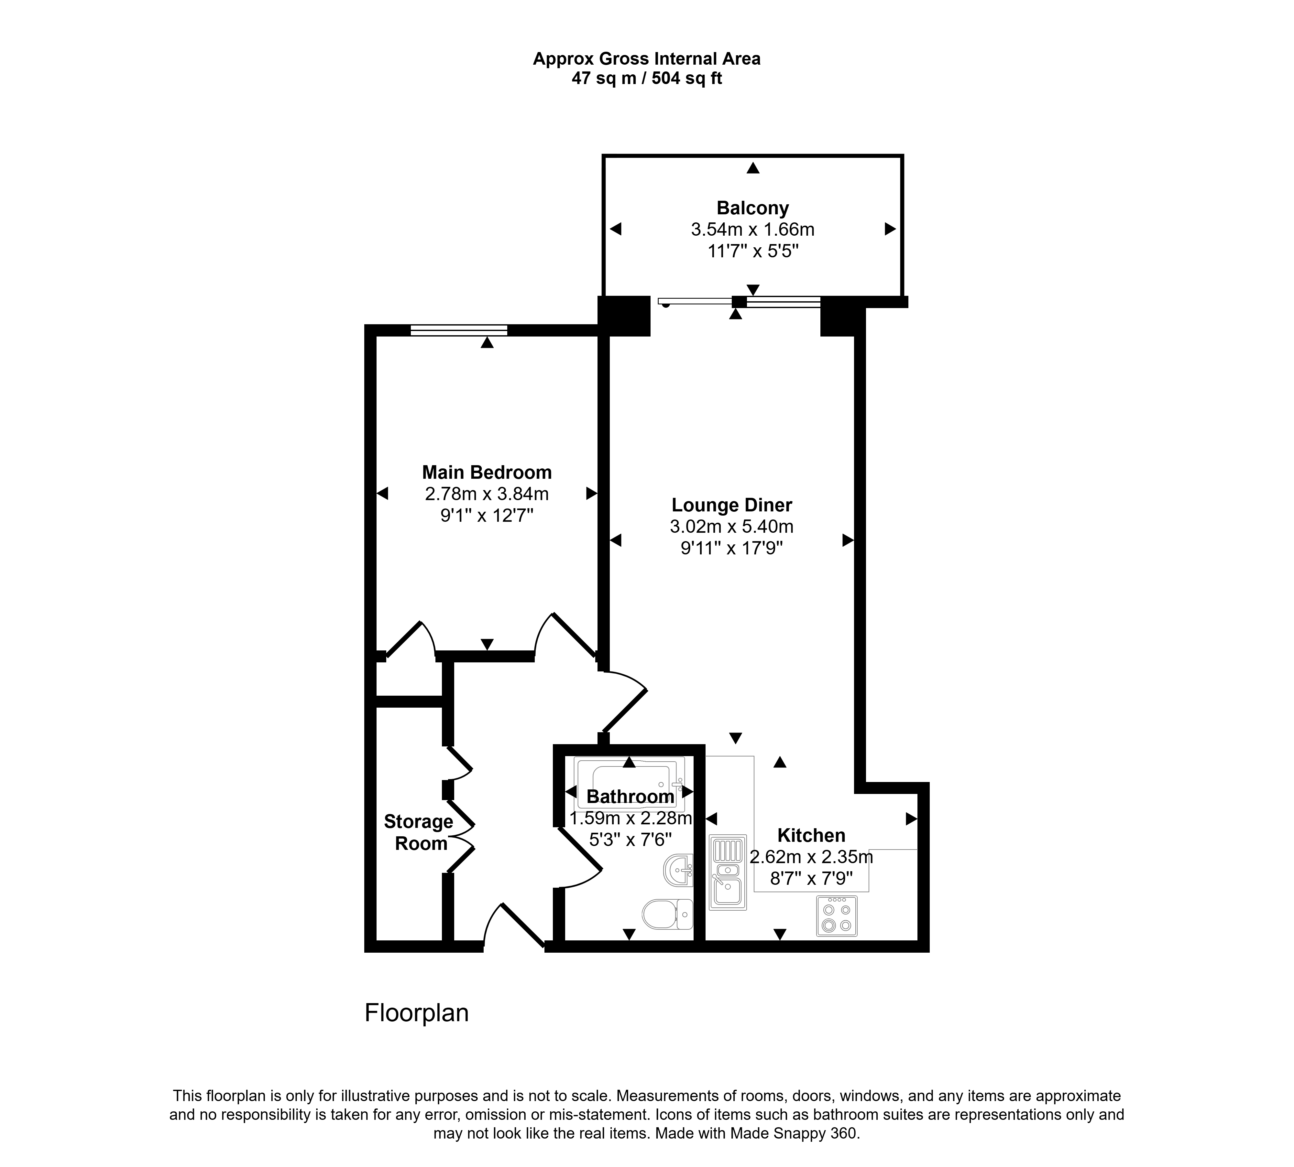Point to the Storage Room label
pyautogui.click(x=419, y=832)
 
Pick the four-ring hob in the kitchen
pyautogui.click(x=837, y=915)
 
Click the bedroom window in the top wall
pyautogui.click(x=459, y=330)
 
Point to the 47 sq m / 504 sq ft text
pyautogui.click(x=647, y=78)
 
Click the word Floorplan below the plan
pyautogui.click(x=416, y=1012)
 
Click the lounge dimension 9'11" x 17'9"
pyautogui.click(x=731, y=548)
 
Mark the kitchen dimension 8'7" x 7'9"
pyautogui.click(x=811, y=878)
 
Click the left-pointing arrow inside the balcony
pyautogui.click(x=615, y=229)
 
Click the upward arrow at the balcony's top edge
pyautogui.click(x=752, y=168)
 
